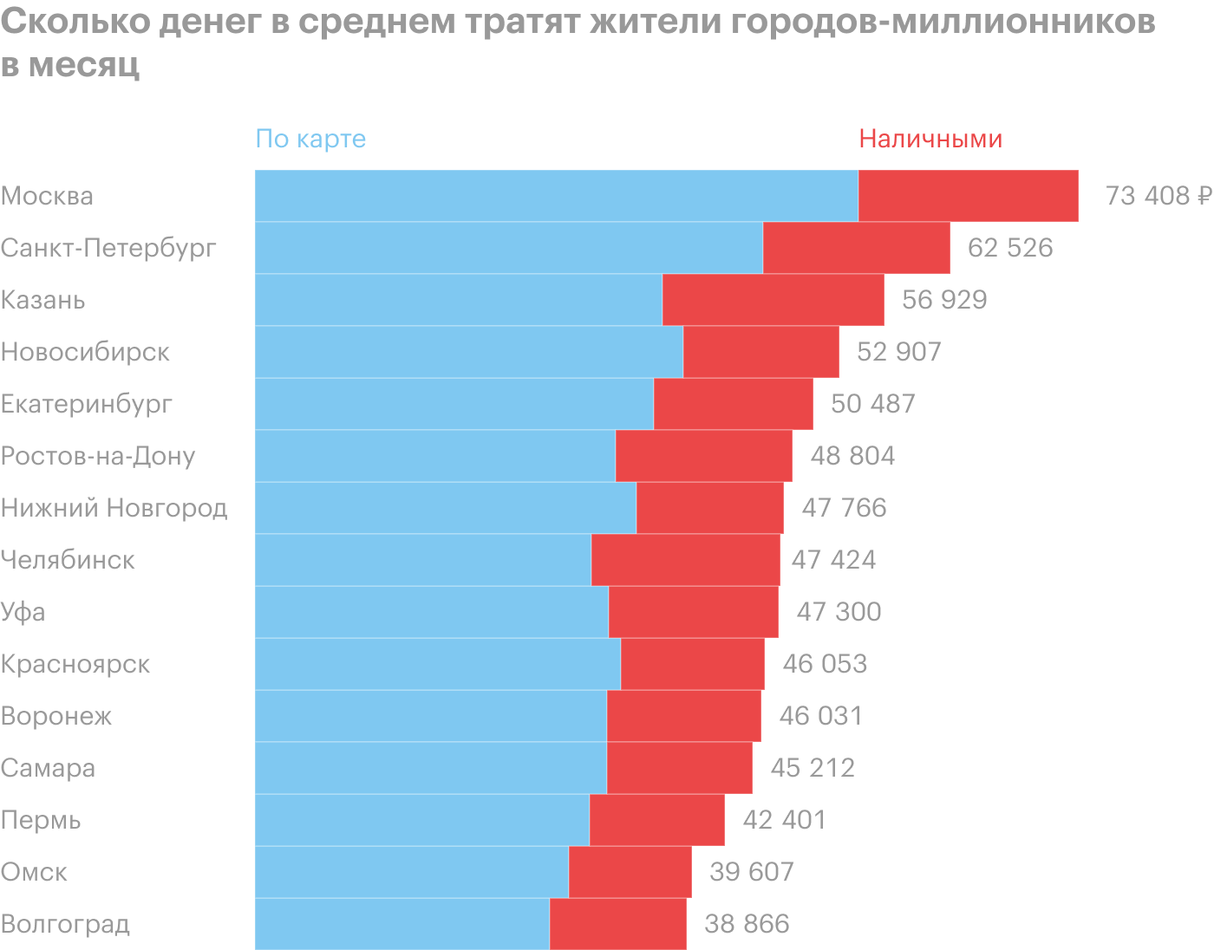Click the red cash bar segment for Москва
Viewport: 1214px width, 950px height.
968,196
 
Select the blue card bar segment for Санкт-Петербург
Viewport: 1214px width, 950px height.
508,248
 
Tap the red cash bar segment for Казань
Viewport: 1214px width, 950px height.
773,300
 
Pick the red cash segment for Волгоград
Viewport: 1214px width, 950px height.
617,924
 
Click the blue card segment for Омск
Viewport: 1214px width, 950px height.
411,872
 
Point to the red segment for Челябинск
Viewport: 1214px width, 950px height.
685,560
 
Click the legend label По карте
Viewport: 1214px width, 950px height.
310,139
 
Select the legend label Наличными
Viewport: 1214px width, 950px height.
930,139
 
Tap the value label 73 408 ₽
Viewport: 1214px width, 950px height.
1158,196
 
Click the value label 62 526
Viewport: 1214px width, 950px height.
1010,248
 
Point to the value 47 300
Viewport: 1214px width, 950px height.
839,612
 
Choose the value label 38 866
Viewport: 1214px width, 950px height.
747,924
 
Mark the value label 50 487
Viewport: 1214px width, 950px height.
873,404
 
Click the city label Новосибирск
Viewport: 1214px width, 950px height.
85,352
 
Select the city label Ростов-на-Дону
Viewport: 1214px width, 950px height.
98,456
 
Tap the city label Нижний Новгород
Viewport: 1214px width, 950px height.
114,508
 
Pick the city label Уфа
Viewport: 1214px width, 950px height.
23,612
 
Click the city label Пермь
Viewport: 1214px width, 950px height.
41,820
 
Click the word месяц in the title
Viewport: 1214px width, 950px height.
84,66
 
